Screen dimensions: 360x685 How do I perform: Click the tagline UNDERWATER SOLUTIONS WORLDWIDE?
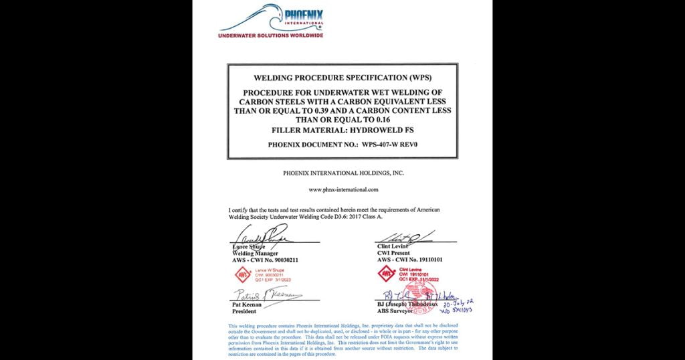[x=272, y=35]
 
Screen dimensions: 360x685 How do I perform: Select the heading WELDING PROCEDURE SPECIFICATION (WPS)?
[x=342, y=78]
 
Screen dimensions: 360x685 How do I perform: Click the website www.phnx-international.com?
[x=342, y=189]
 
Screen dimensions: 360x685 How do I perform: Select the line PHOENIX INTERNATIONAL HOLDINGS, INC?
[x=342, y=173]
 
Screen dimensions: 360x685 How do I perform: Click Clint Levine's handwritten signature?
[x=405, y=236]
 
